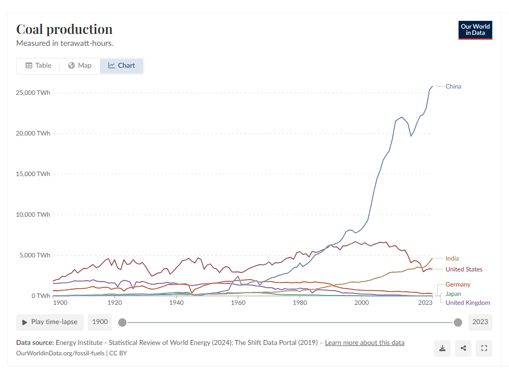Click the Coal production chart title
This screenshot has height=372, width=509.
pos(65,29)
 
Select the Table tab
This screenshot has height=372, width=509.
pos(39,66)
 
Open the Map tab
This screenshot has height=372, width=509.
pos(80,66)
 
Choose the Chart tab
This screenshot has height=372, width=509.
pos(121,66)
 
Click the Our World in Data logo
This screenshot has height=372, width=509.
pos(475,30)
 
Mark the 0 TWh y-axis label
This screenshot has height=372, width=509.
pos(40,296)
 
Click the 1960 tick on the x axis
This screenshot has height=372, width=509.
pos(238,303)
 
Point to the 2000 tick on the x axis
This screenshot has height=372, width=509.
pos(361,303)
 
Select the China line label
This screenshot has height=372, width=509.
pos(453,86)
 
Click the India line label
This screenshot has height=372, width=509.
pos(452,258)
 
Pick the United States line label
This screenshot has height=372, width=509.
pos(464,269)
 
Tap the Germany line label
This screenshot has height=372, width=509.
pos(458,284)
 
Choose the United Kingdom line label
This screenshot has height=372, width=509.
pos(468,303)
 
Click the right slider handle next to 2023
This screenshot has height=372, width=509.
pos(458,322)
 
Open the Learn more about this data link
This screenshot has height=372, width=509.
pos(364,343)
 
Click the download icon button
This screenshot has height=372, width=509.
pos(442,349)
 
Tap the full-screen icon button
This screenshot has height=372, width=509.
pos(484,349)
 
